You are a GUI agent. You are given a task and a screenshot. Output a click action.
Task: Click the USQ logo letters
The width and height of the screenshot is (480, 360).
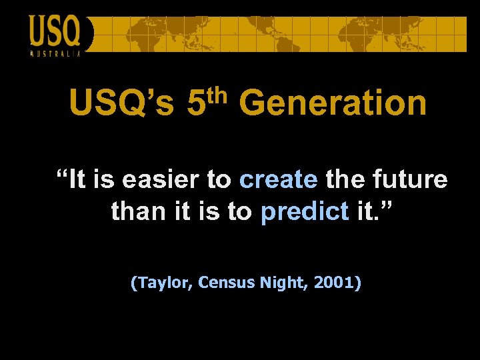(55, 31)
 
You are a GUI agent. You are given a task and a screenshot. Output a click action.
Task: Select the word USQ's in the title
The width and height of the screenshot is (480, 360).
(122, 104)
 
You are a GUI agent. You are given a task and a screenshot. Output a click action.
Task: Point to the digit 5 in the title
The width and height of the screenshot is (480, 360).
(196, 104)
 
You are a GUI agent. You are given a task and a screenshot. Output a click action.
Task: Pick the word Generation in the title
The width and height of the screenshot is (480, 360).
(332, 104)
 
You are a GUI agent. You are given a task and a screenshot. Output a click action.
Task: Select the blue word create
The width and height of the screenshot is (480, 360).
(278, 180)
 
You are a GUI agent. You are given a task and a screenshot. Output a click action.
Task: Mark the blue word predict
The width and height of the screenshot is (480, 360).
(305, 212)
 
